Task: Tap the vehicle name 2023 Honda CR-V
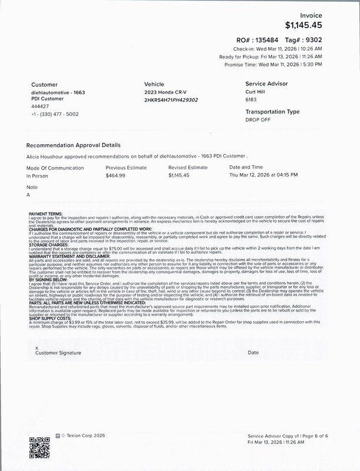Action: (166, 93)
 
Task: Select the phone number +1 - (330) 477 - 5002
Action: (52, 114)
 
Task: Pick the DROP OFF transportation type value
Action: (257, 119)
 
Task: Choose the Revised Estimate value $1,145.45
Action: (179, 175)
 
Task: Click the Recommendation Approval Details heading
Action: (74, 145)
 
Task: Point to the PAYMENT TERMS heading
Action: (46, 213)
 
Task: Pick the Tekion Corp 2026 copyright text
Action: (82, 437)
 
